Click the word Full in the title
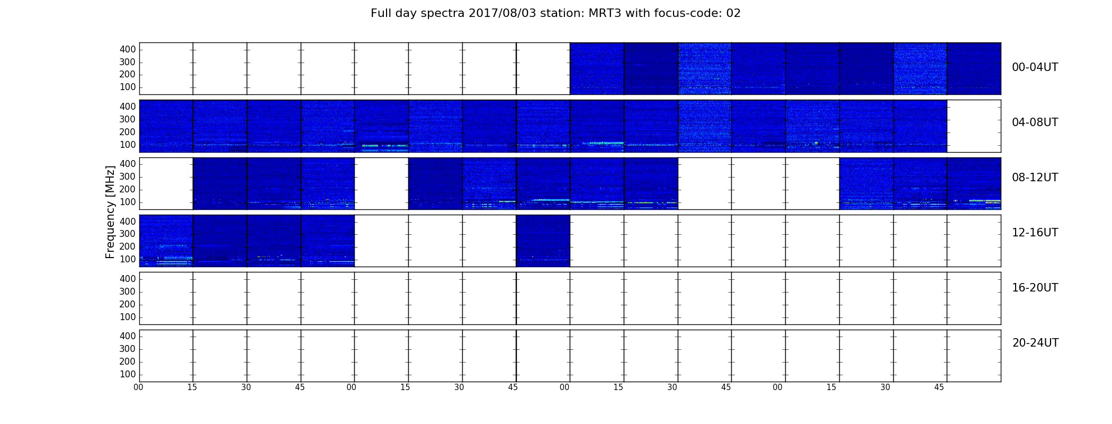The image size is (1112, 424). point(381,13)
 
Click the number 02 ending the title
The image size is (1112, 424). point(733,13)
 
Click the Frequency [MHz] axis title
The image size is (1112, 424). point(110,212)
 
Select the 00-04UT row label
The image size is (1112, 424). point(1035,67)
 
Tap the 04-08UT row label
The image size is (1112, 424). point(1035,122)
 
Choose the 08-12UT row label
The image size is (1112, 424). point(1035,178)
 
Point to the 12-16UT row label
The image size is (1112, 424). point(1035,233)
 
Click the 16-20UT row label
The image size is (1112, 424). point(1035,288)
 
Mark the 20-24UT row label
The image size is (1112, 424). point(1035,343)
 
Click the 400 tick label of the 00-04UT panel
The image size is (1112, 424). point(128,49)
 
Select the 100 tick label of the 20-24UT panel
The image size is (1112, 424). point(128,374)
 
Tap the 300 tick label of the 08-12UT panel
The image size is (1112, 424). point(128,176)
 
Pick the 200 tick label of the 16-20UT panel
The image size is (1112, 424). point(128,304)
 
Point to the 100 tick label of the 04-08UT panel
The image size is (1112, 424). point(128,145)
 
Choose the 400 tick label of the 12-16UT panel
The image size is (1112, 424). point(128,222)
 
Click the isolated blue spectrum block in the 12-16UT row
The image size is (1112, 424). point(543,241)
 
